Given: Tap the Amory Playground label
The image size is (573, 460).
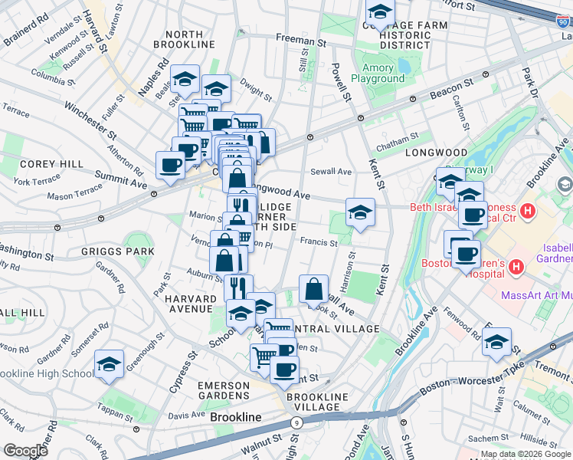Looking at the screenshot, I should coord(378,74).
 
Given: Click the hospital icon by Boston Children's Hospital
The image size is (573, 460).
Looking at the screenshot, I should coord(516,267).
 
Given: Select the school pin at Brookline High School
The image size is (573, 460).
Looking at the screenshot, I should coord(110,363).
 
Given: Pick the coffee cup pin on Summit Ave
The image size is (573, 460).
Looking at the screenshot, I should coord(170,164).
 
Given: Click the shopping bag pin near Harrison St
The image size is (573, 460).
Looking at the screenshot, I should coord(313,289).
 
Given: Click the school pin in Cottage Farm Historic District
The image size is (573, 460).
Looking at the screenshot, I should coord(380,13).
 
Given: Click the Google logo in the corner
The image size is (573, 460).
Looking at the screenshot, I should coord(25,450).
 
